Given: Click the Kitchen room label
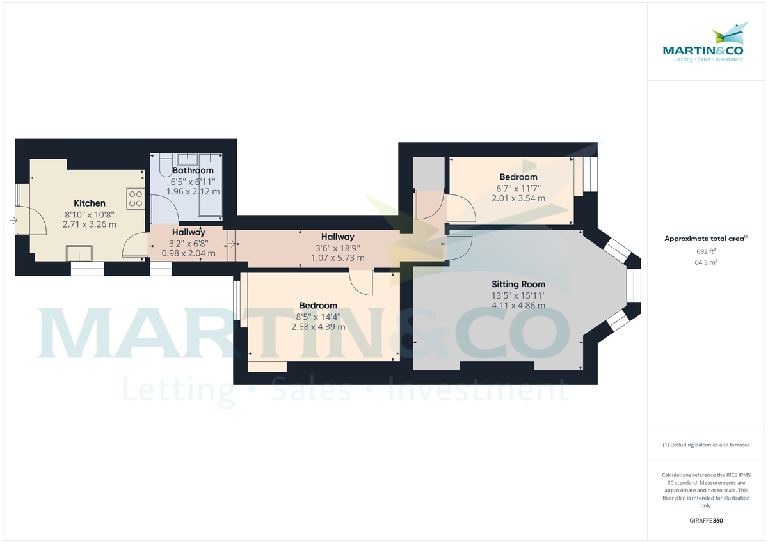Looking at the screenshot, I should pyautogui.click(x=90, y=203).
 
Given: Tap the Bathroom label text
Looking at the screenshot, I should pyautogui.click(x=193, y=171).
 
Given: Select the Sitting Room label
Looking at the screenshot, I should pyautogui.click(x=518, y=284).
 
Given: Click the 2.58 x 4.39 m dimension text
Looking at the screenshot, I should pyautogui.click(x=318, y=327).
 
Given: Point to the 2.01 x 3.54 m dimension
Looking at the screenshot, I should pyautogui.click(x=518, y=198).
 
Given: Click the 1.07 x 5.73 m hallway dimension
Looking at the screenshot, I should pyautogui.click(x=337, y=258).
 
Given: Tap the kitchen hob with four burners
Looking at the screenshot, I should pyautogui.click(x=135, y=198).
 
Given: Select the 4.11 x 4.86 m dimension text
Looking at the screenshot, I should pyautogui.click(x=518, y=306).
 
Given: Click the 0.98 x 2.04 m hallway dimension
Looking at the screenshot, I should pyautogui.click(x=188, y=253).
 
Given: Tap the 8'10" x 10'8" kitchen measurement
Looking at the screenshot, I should pyautogui.click(x=90, y=214).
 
